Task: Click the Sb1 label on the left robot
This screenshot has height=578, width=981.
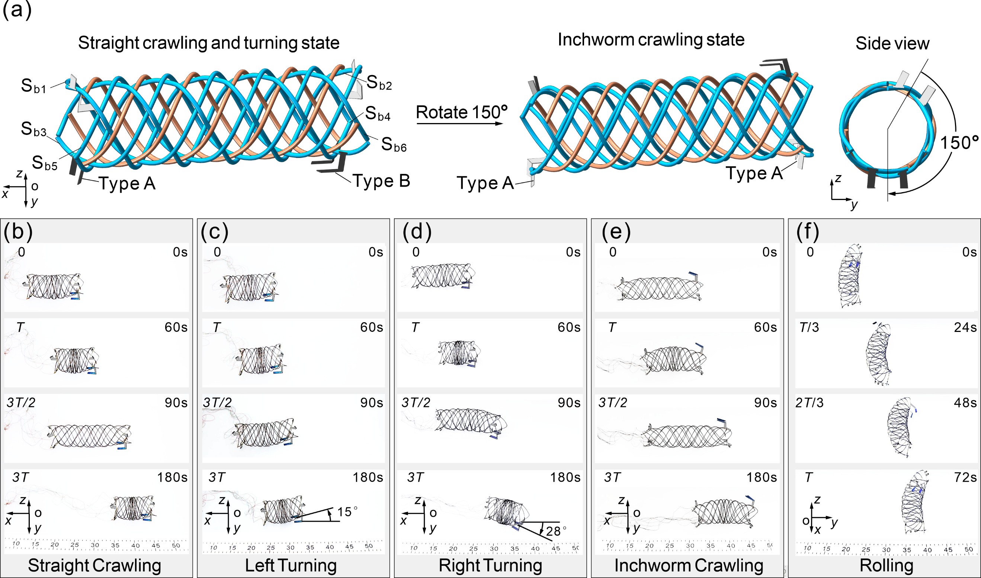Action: point(33,86)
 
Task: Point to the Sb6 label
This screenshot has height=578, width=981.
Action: point(394,145)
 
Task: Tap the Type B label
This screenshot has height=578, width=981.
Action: point(381,181)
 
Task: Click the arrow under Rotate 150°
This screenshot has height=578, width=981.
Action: point(460,123)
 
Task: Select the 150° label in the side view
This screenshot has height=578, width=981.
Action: point(959,143)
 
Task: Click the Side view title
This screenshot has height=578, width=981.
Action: point(892,43)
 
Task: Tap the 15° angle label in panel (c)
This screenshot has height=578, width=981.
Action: point(347,512)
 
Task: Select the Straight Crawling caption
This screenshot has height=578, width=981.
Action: point(95,565)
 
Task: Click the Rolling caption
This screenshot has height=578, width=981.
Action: point(886,565)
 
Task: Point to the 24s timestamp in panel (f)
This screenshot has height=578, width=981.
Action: point(965,327)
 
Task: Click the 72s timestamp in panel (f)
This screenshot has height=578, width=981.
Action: point(965,478)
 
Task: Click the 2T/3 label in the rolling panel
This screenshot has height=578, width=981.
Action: point(810,403)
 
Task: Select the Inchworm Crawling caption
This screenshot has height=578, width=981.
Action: point(689,565)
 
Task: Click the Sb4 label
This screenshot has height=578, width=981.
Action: point(377,114)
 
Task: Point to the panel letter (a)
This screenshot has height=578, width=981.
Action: point(17,10)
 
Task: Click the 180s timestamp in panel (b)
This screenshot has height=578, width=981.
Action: point(172,478)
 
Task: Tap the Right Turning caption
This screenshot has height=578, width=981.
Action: point(490,565)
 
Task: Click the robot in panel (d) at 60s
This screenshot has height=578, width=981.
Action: point(459,353)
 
